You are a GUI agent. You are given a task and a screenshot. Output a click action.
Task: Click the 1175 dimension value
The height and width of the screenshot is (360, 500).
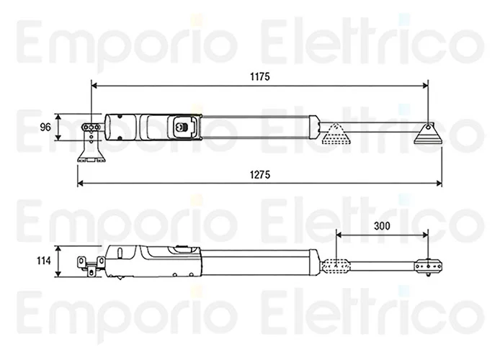pyautogui.click(x=260, y=77)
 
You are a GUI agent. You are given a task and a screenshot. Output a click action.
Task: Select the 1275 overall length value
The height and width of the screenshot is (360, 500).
pyautogui.click(x=260, y=175)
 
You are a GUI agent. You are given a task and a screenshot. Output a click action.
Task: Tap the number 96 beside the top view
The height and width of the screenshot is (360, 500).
pyautogui.click(x=45, y=127)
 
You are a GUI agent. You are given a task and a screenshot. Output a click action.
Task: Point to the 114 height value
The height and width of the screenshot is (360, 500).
pyautogui.click(x=44, y=261)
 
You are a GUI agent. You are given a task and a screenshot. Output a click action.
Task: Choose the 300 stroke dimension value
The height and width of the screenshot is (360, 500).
pyautogui.click(x=382, y=226)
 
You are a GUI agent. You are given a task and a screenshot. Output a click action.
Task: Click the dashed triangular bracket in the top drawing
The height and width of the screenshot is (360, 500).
pyautogui.click(x=336, y=134)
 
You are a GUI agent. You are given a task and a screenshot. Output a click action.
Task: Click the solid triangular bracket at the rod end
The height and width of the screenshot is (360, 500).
pyautogui.click(x=428, y=134)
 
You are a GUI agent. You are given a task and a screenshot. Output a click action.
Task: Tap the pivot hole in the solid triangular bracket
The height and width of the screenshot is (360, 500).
pyautogui.click(x=428, y=127)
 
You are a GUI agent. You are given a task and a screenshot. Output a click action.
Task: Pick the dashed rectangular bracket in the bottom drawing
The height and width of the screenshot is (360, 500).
pyautogui.click(x=336, y=266)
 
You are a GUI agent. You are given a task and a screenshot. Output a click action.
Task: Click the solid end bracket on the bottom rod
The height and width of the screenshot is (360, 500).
pyautogui.click(x=428, y=266)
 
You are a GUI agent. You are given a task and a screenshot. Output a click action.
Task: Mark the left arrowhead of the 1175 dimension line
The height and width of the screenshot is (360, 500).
pyautogui.click(x=94, y=86)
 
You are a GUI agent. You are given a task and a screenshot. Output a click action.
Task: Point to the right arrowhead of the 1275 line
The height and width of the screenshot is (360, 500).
pyautogui.click(x=439, y=183)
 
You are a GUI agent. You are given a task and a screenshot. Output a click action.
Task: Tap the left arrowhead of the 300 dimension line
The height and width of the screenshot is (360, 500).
pyautogui.click(x=339, y=235)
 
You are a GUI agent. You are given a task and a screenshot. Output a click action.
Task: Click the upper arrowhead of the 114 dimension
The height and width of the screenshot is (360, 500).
pyautogui.click(x=58, y=249)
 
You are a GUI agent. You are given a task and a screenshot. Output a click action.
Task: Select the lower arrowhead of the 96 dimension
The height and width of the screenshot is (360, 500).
pyautogui.click(x=58, y=137)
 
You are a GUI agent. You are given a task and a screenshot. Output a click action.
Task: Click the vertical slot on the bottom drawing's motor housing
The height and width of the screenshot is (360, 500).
pyautogui.click(x=120, y=253)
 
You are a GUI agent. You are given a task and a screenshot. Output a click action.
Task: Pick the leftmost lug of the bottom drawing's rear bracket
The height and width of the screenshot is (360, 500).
pyautogui.click(x=81, y=262)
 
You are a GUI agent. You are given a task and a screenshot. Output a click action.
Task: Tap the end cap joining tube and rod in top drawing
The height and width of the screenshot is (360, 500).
pyautogui.click(x=314, y=127)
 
